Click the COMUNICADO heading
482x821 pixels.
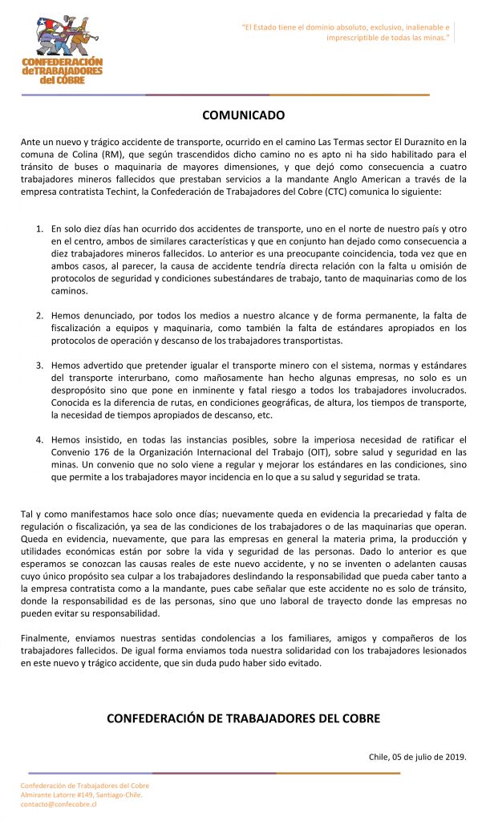[x=243, y=115]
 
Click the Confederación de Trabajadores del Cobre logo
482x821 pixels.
[x=62, y=51]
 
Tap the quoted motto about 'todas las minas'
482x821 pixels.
[x=346, y=31]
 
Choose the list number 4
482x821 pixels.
[x=40, y=439]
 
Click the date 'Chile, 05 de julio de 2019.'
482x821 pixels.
[x=417, y=756]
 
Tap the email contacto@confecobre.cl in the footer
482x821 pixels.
[x=59, y=804]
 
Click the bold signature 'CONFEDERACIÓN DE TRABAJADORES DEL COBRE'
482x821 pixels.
[x=243, y=718]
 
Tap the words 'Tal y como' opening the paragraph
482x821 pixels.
[x=41, y=513]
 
